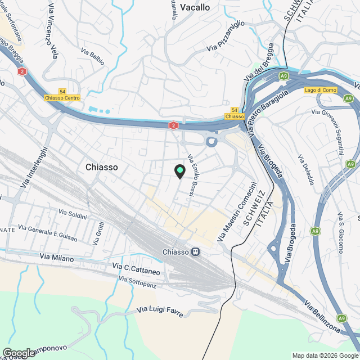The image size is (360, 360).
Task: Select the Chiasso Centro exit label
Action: (62, 97)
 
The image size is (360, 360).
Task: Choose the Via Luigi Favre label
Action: (160, 311)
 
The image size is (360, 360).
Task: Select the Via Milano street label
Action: (57, 256)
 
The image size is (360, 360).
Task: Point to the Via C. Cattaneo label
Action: (136, 268)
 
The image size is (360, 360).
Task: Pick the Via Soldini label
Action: (73, 214)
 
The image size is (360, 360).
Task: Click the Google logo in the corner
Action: (19, 353)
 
